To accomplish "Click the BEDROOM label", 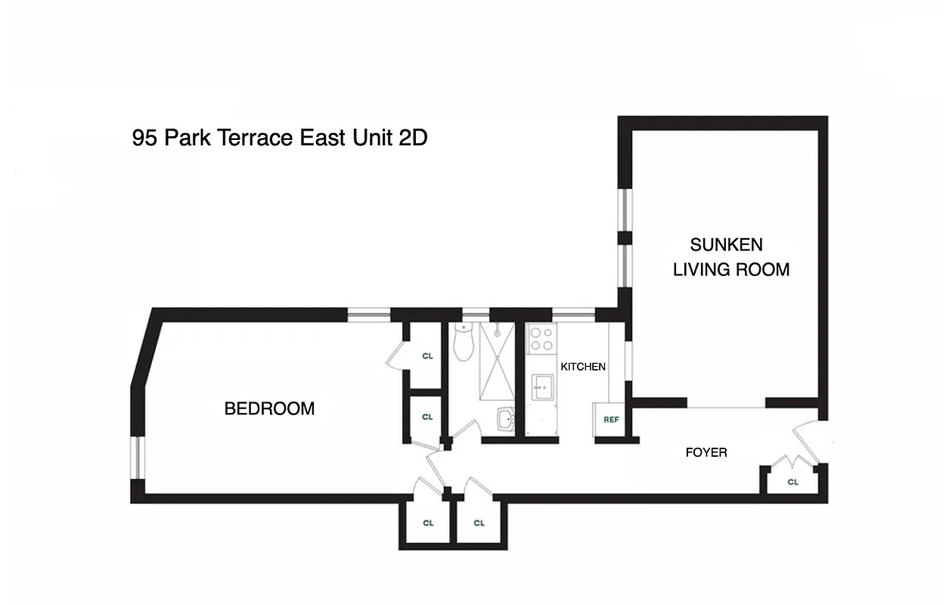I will pos(269,409).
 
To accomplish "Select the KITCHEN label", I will pos(582,367).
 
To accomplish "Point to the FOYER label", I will pos(706,452).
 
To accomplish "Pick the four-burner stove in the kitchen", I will pos(541,339).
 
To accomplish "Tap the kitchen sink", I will pos(541,388).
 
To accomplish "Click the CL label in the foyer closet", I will pos(792,482).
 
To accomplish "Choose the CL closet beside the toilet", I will pos(427,355).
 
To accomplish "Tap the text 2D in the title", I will pos(413,138).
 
